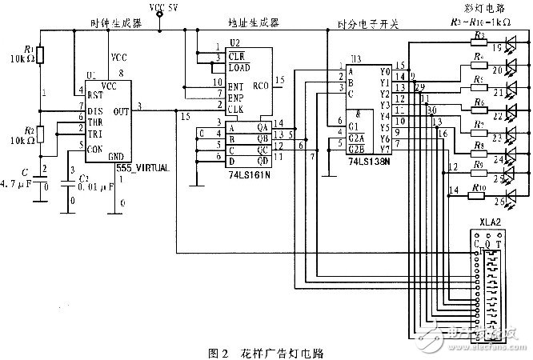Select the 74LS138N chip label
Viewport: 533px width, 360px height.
point(369,162)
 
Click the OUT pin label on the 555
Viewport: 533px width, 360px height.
point(122,111)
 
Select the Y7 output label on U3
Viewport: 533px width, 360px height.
point(384,149)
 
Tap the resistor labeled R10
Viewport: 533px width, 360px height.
point(479,189)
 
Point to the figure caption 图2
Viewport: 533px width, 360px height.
point(218,352)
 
